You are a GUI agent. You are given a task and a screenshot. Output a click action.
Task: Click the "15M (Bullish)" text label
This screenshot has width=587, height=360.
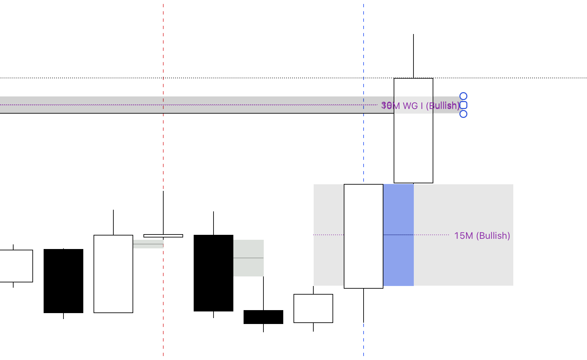482,235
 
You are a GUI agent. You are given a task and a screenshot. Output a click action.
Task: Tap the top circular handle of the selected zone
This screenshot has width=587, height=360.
463,96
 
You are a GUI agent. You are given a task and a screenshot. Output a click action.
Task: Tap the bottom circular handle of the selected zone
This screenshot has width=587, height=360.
463,114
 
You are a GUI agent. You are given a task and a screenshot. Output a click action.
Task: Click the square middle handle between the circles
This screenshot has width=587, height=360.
463,105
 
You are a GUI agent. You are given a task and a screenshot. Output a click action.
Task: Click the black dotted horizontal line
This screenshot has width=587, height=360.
264,78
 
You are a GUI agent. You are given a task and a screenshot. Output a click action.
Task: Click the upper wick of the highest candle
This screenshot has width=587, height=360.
413,56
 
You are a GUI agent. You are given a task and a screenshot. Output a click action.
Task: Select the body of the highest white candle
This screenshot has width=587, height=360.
413,149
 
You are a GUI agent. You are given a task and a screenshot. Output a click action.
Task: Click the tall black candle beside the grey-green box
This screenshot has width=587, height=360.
214,273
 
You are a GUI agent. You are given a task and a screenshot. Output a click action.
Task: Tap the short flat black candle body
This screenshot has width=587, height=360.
263,317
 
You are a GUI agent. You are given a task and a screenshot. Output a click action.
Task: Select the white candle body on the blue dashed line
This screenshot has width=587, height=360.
364,236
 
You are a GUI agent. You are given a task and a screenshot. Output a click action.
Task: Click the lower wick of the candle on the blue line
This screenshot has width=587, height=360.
364,306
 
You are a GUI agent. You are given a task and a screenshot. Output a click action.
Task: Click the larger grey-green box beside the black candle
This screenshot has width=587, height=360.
249,258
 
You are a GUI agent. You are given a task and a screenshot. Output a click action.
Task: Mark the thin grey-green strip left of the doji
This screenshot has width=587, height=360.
148,244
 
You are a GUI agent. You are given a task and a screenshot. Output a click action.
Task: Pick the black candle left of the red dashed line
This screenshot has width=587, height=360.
63,281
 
